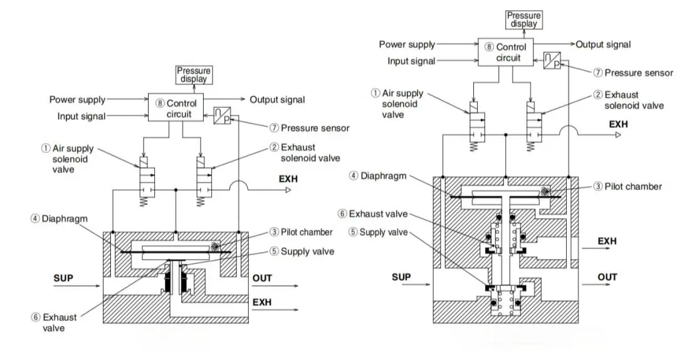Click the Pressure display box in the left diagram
pyautogui.click(x=194, y=75)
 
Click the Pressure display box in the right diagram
pyautogui.click(x=523, y=20)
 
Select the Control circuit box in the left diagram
pyautogui.click(x=176, y=107)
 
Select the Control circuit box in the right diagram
pyautogui.click(x=506, y=52)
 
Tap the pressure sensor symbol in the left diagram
pyautogui.click(x=222, y=115)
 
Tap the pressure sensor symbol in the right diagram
pyautogui.click(x=552, y=60)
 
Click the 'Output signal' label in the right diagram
pyautogui.click(x=603, y=45)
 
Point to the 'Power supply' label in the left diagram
pyautogui.click(x=77, y=99)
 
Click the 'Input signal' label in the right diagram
pyautogui.click(x=411, y=61)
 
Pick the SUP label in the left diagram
pyautogui.click(x=63, y=278)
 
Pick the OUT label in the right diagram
pyautogui.click(x=607, y=277)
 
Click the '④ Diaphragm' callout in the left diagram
pyautogui.click(x=59, y=219)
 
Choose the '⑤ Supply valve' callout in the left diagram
pyautogui.click(x=302, y=251)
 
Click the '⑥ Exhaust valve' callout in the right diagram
pyautogui.click(x=372, y=214)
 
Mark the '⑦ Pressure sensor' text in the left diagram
pyautogui.click(x=310, y=128)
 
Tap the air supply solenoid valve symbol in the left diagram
pyautogui.click(x=144, y=181)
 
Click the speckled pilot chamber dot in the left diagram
pyautogui.click(x=214, y=246)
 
